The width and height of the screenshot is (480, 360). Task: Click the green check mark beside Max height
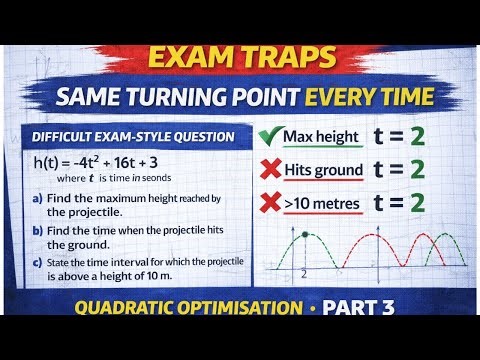265,135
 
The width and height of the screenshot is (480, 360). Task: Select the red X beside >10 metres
266,203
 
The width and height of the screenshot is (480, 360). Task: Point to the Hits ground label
322,170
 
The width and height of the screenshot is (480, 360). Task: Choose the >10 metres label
322,204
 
